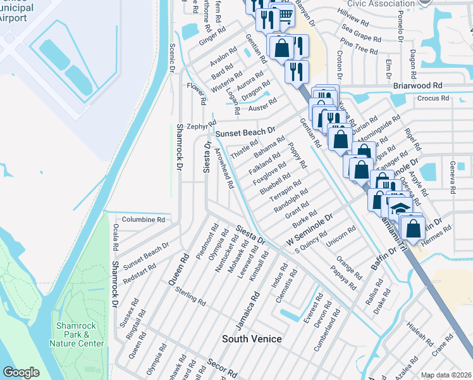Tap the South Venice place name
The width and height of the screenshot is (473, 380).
[x=252, y=339]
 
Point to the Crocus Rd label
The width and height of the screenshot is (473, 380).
[x=433, y=99]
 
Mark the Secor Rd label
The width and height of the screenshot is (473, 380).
[x=221, y=368]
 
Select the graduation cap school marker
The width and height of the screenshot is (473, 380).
[x=400, y=208]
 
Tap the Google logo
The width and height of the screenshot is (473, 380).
[x=21, y=372]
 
